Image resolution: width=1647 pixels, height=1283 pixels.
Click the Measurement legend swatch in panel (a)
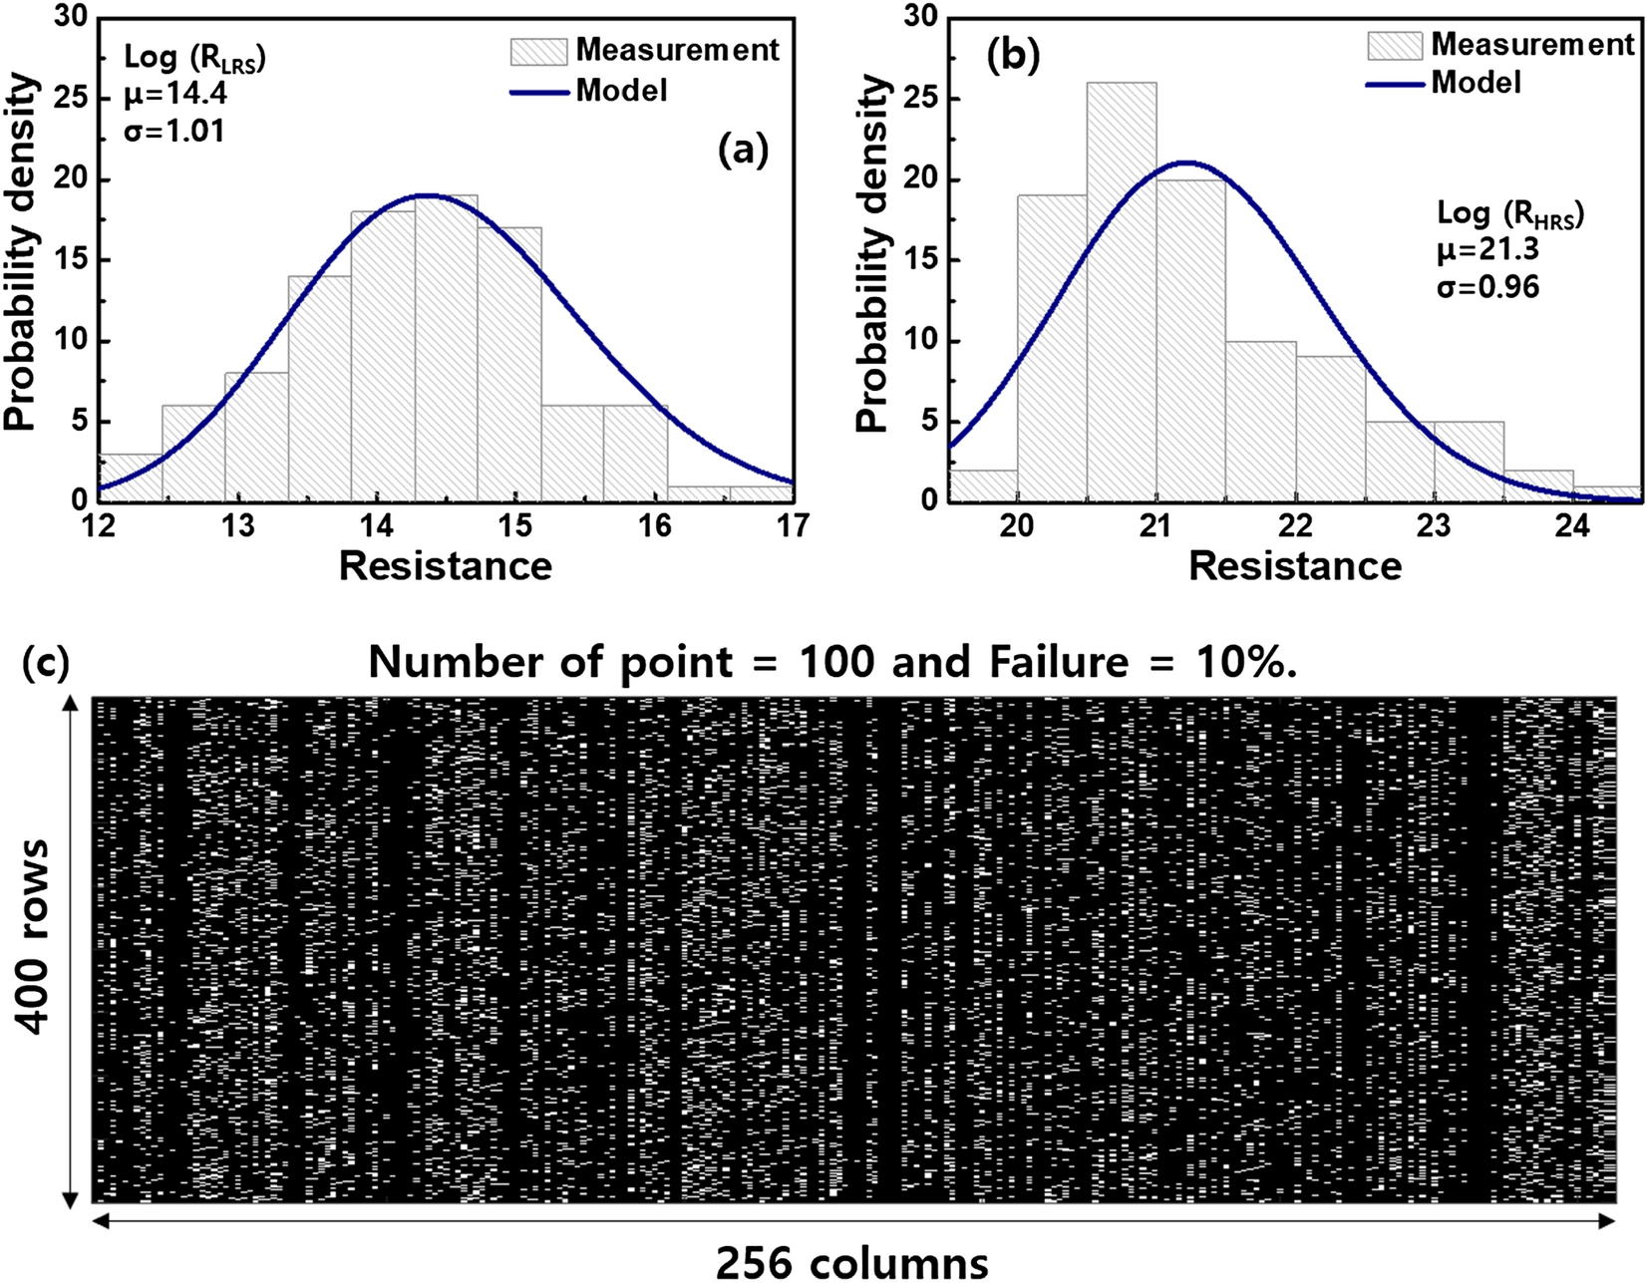point(538,50)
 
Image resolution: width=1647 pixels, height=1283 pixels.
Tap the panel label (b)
point(1013,56)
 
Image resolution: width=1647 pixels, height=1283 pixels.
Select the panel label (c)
point(46,662)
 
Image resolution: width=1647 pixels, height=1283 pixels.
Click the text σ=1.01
point(173,131)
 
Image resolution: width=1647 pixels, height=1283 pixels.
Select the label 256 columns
point(852,1262)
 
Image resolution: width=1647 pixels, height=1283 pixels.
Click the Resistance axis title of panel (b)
point(1295,566)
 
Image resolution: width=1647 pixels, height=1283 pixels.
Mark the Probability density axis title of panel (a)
point(22,254)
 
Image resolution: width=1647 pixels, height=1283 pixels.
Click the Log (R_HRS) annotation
point(1509,213)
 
